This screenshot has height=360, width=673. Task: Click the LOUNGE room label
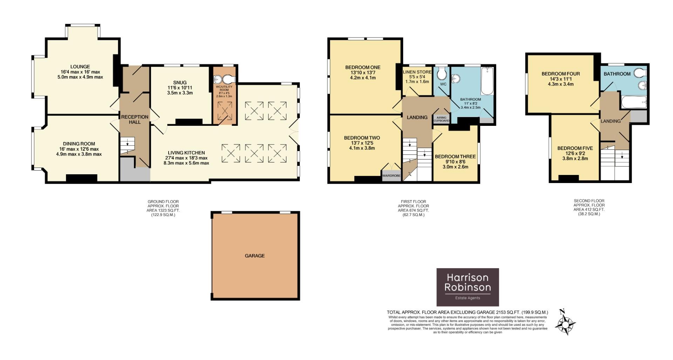tap(80, 67)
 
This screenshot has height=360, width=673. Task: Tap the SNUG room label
tap(180, 83)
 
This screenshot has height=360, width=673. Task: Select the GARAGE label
tap(255, 256)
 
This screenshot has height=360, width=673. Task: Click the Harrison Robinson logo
tap(467, 287)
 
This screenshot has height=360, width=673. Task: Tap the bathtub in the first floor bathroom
tap(487, 81)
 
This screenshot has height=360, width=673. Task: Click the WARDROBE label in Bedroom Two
tap(391, 176)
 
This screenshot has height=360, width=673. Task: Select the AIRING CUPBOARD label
tap(441, 119)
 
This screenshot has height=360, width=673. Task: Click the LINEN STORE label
tap(417, 72)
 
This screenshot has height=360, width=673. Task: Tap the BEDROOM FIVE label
tap(573, 148)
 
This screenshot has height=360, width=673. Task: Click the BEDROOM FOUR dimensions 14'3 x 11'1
tap(561, 79)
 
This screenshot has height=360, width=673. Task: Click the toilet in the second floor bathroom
tap(640, 73)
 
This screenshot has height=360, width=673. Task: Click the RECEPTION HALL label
tap(135, 119)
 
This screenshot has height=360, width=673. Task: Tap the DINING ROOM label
tap(79, 144)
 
